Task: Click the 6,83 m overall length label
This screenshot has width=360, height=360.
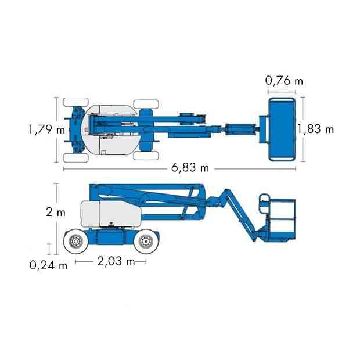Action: [190, 168]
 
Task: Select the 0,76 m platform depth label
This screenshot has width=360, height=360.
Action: [284, 81]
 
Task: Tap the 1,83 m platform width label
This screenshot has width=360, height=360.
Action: [316, 129]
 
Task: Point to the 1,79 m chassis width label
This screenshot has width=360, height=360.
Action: [46, 129]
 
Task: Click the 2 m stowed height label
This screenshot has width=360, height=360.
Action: [56, 212]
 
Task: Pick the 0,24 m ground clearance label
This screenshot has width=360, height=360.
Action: [48, 265]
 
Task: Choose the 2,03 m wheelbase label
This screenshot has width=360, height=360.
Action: [116, 261]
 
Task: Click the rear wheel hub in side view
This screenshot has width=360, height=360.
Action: [75, 242]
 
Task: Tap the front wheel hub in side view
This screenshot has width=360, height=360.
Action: [146, 242]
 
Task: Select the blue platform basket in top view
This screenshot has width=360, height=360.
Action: [282, 129]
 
